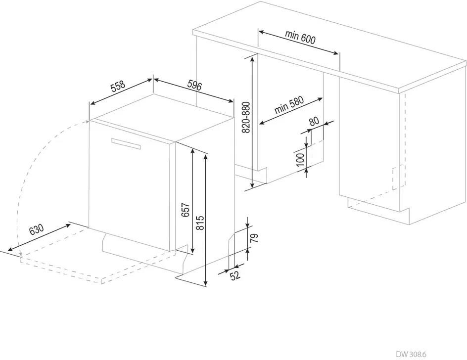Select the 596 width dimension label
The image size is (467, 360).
pyautogui.click(x=194, y=86)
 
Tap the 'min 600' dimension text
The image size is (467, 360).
pyautogui.click(x=300, y=37)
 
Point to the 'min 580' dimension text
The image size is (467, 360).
pyautogui.click(x=289, y=105)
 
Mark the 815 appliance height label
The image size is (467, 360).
pyautogui.click(x=199, y=225)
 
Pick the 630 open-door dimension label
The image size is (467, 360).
pyautogui.click(x=37, y=230)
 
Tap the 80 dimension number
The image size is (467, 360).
pyautogui.click(x=314, y=122)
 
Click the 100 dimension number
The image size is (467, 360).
pyautogui.click(x=300, y=160)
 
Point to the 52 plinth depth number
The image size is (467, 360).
pyautogui.click(x=235, y=275)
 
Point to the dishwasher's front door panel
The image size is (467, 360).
pyautogui.click(x=131, y=188)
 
